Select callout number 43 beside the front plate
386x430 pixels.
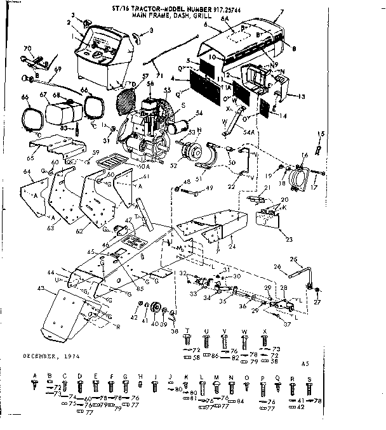click(x=42, y=289)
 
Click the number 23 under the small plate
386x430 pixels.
click(x=272, y=240)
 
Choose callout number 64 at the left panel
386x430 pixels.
click(x=26, y=172)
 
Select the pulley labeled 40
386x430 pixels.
click(x=153, y=308)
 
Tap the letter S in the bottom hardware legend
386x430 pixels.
click(x=309, y=377)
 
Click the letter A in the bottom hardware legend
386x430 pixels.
click(x=35, y=377)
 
